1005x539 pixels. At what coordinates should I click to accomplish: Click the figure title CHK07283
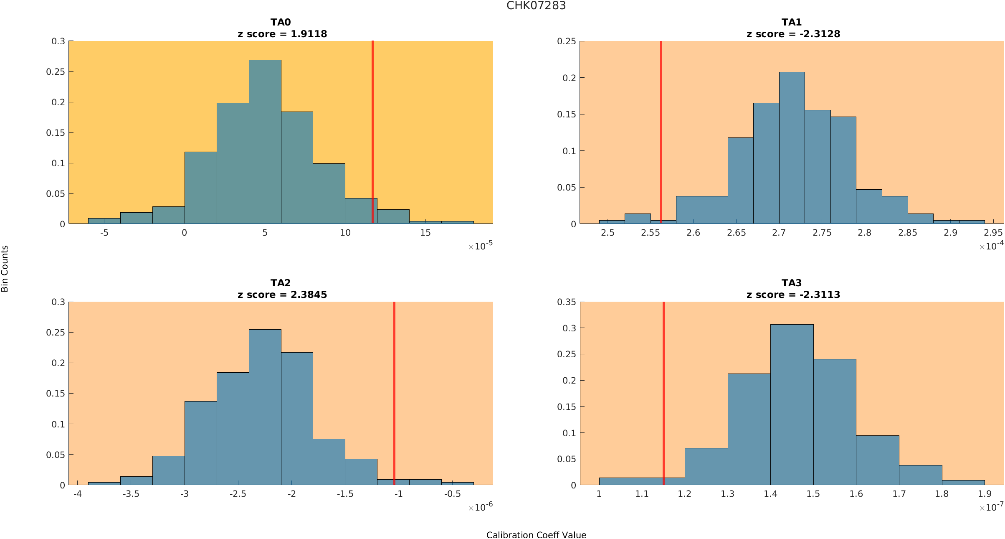[536, 5]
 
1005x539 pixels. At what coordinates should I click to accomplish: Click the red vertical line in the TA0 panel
[372, 125]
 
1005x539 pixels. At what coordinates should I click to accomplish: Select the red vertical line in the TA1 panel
[661, 125]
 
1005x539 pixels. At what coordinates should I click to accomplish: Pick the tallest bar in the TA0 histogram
[265, 142]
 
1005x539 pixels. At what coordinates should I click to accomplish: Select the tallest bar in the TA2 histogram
[265, 407]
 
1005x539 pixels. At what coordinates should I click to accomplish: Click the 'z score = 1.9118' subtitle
[282, 34]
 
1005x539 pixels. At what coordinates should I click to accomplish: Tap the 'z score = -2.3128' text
[793, 34]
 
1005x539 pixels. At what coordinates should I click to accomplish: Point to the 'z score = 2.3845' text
[282, 295]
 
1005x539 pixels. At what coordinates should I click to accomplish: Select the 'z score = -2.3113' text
[793, 295]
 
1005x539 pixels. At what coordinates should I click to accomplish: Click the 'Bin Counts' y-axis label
[5, 268]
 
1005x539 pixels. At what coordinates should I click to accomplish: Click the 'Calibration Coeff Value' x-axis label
[536, 535]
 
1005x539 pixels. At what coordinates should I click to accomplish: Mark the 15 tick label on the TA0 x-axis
[425, 233]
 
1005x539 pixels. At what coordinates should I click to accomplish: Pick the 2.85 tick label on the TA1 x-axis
[907, 233]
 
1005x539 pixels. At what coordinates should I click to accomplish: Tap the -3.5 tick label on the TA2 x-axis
[131, 494]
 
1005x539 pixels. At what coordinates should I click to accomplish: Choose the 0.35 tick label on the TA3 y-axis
[566, 302]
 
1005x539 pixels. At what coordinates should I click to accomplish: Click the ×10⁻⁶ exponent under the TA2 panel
[480, 507]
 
